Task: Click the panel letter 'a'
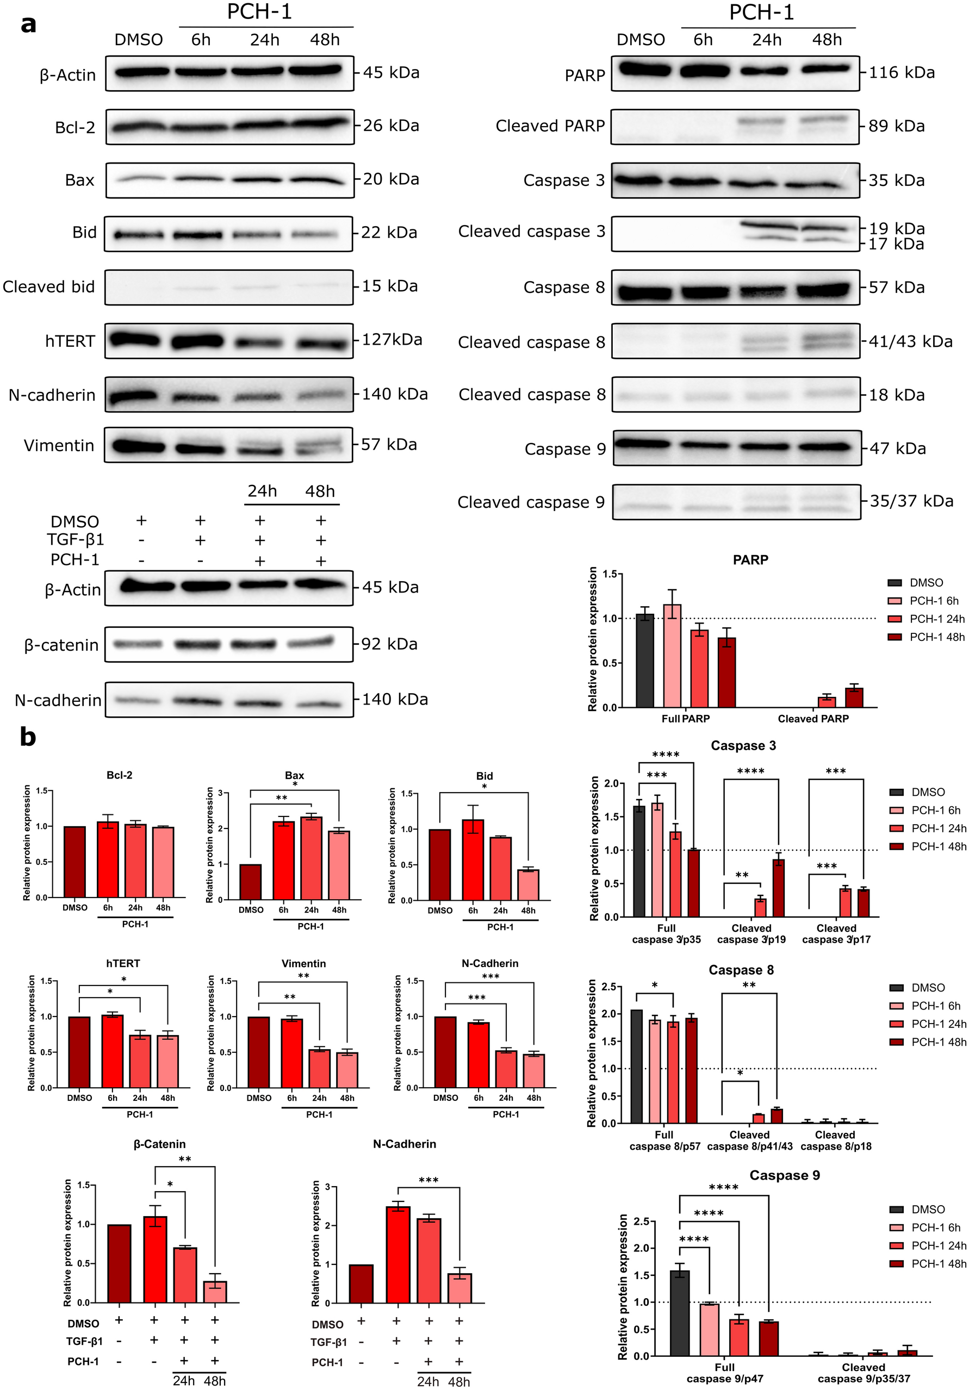(x=28, y=25)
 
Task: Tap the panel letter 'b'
(x=28, y=737)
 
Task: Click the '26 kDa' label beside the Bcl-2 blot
(x=390, y=126)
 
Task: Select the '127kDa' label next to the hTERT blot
(x=392, y=340)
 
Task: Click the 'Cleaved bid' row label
(x=48, y=286)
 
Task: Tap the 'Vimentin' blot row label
(x=59, y=446)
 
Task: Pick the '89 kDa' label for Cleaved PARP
(x=896, y=126)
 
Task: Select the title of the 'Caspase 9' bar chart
(x=784, y=1175)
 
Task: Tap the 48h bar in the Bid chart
(x=528, y=884)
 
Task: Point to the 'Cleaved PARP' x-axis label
(x=813, y=719)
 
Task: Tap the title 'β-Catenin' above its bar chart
(x=159, y=1144)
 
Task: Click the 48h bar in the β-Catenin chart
(x=215, y=1291)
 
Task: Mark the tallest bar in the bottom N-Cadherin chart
(x=398, y=1255)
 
